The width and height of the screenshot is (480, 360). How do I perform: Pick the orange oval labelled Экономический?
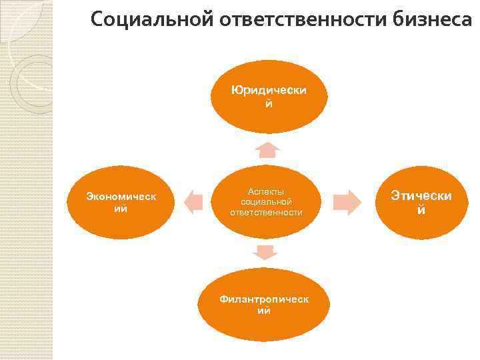tap(121, 201)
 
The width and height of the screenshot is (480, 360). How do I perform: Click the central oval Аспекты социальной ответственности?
tap(266, 202)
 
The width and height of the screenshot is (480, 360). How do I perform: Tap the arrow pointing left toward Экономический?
tap(193, 201)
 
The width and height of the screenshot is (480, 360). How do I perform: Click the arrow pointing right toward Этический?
tap(346, 201)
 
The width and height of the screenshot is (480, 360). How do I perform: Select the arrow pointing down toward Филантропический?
tap(265, 252)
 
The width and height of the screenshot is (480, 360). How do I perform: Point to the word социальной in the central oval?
tap(266, 201)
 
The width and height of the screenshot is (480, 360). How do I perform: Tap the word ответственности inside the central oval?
tap(266, 212)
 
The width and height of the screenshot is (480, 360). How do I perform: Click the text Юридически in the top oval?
tap(269, 90)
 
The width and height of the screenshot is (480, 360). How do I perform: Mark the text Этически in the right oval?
tap(421, 196)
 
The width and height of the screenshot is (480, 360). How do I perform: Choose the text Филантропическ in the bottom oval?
tap(265, 299)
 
